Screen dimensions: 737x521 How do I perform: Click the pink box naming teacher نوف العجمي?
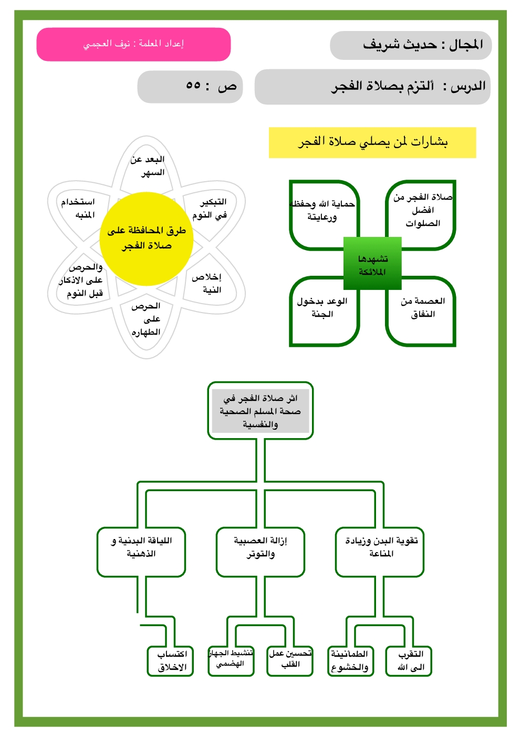133,44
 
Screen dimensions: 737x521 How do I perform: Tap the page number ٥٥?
193,86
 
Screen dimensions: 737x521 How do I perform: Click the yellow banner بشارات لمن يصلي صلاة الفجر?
372,142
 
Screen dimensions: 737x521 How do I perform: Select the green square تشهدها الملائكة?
372,264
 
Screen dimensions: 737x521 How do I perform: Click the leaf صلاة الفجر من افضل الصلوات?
422,210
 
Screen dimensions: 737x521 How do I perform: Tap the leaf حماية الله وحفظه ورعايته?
322,211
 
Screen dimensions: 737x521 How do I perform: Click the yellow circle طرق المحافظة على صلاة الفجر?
147,238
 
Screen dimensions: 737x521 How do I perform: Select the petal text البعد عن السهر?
148,166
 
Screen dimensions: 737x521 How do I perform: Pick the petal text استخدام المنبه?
79,209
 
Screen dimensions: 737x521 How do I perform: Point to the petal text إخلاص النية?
207,283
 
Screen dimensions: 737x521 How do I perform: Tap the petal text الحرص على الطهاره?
146,319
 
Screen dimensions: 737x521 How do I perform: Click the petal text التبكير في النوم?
210,209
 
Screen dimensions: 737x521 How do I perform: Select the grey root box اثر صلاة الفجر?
260,411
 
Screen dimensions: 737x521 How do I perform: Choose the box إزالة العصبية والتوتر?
260,547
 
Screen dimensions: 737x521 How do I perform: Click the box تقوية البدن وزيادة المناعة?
380,547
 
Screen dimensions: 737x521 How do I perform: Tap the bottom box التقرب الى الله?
411,661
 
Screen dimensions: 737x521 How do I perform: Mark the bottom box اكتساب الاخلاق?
172,661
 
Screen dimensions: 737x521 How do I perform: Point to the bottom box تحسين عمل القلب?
290,659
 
